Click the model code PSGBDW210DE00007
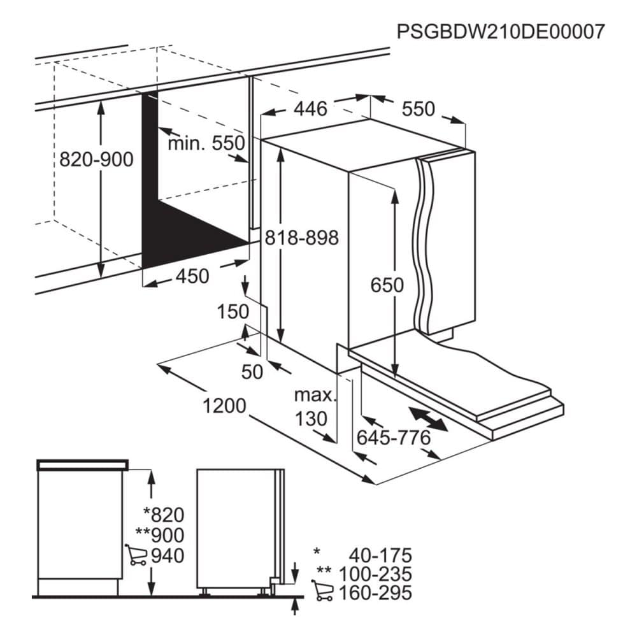[501, 31]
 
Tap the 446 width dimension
[310, 109]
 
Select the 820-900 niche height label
[96, 159]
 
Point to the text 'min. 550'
[206, 143]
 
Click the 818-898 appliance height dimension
[301, 238]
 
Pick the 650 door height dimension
[387, 285]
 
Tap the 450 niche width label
[192, 276]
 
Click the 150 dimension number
[233, 312]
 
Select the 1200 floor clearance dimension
[224, 406]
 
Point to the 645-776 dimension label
[394, 438]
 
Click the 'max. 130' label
[316, 406]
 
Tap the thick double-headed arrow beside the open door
[428, 419]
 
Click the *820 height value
[164, 515]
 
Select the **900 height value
[161, 536]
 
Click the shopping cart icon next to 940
[136, 555]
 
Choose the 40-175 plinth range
[380, 555]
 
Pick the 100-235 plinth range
[375, 574]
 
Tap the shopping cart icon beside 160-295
[322, 590]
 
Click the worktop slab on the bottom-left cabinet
[82, 465]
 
